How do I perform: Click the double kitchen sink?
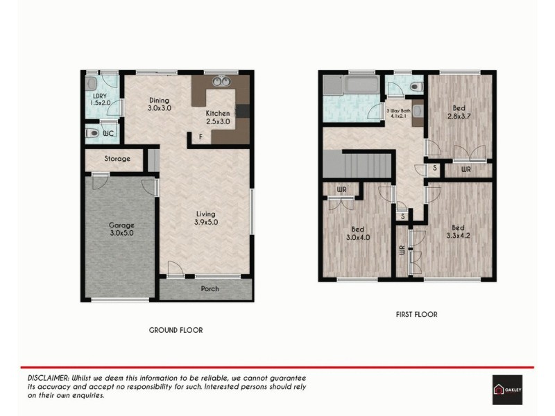[221, 82]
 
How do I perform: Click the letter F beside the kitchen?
[201, 137]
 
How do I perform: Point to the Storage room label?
[117, 159]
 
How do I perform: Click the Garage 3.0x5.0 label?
[121, 229]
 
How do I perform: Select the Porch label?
[210, 288]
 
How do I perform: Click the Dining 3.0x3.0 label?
[159, 104]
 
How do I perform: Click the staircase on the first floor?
[368, 165]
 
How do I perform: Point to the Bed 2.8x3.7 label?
[459, 112]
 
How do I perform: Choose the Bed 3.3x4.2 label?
[457, 232]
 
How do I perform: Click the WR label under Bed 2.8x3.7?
[466, 168]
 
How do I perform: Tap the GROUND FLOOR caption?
[176, 330]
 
